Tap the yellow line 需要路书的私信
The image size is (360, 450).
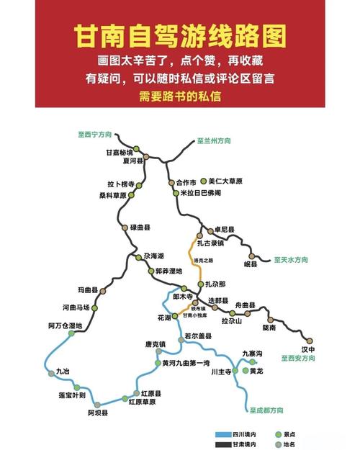tap(180, 95)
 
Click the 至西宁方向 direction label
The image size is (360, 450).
tap(96, 133)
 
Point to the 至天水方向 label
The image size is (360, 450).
tap(291, 259)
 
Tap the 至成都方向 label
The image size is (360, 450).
tap(267, 410)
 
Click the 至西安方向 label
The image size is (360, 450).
tap(298, 357)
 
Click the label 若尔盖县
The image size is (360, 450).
tap(199, 336)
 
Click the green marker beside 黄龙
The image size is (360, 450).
tap(244, 371)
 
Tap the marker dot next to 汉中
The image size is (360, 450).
tap(310, 341)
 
